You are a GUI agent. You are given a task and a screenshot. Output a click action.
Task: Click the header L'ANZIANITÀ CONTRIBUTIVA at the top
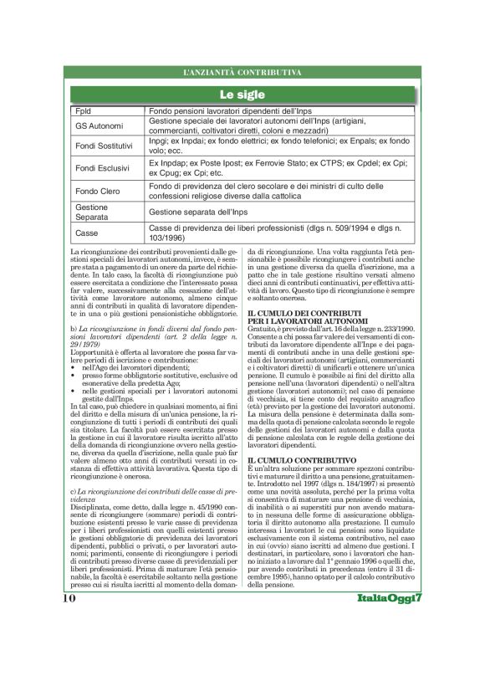(242, 74)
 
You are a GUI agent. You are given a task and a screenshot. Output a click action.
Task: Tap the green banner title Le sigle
(242, 95)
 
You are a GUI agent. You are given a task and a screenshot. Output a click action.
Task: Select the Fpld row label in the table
(83, 110)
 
